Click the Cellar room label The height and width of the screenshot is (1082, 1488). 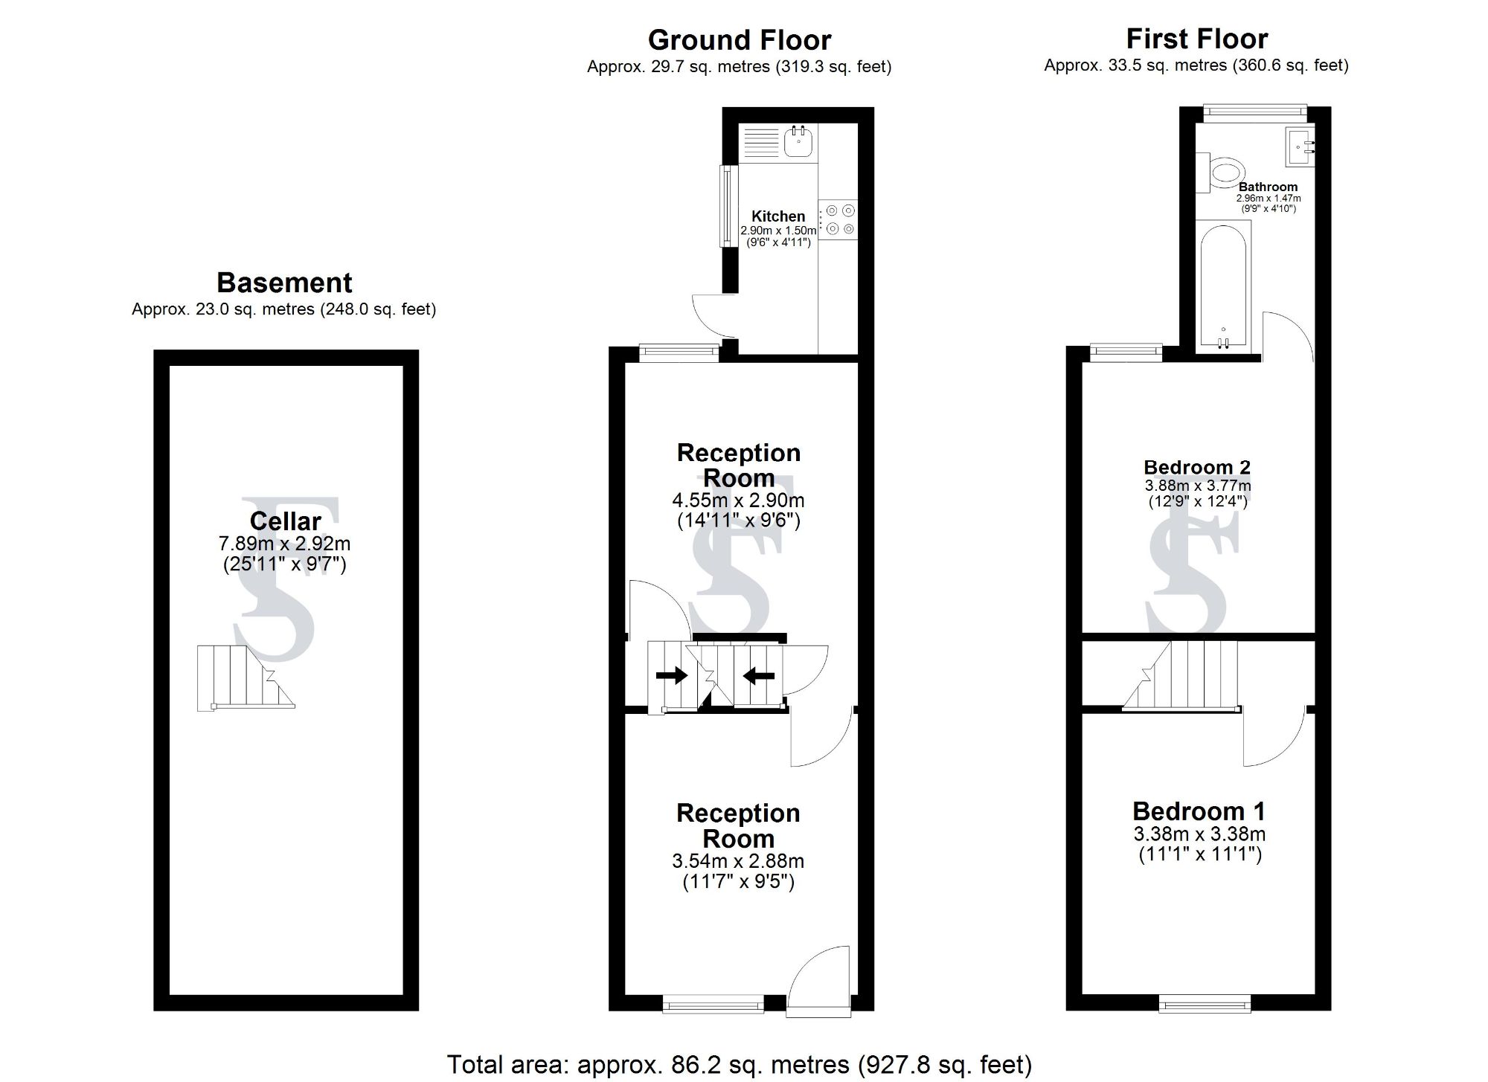coord(285,521)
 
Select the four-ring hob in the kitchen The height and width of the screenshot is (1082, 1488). coord(838,220)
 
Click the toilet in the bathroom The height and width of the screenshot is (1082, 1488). coord(1225,173)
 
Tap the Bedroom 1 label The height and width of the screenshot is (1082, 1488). coord(1198,811)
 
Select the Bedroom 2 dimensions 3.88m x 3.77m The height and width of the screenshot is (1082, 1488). coord(1198,486)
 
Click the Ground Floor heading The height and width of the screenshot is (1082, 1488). coord(739,39)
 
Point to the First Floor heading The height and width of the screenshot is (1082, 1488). coord(1196,39)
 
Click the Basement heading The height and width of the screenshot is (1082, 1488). coord(284,283)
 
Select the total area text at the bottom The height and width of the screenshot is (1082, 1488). coord(739,1064)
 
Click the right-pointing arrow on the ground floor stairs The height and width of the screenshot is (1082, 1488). coord(671,676)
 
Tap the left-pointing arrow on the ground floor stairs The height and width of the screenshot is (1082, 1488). coord(759,676)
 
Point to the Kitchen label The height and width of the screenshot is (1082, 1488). coord(778,216)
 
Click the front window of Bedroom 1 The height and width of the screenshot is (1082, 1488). coord(1204,1005)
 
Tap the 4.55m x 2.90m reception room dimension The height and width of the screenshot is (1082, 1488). coord(738,500)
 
